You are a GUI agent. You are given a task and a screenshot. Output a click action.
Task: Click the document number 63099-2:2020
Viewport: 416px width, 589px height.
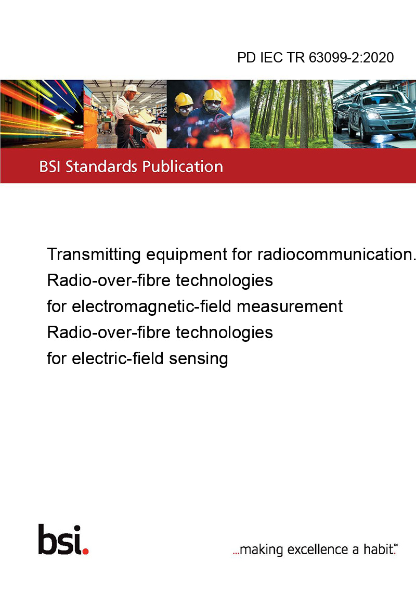(x=352, y=57)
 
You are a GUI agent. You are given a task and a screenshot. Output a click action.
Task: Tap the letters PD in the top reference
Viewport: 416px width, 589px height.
(x=246, y=57)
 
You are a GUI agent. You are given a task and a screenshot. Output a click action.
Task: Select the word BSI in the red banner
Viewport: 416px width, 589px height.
(x=50, y=167)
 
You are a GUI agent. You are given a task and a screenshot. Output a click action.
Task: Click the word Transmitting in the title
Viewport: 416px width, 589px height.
(x=94, y=254)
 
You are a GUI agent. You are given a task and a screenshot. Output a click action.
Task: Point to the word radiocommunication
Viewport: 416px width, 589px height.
(x=336, y=254)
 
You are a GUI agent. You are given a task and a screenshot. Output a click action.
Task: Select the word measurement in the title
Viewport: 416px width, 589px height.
(x=290, y=306)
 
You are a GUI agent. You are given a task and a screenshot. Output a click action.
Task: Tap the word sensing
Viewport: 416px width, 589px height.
(x=198, y=358)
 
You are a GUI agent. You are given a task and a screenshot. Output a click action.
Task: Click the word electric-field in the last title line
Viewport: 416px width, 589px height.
(x=118, y=358)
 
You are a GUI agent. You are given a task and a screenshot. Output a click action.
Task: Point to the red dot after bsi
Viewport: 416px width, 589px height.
(x=85, y=551)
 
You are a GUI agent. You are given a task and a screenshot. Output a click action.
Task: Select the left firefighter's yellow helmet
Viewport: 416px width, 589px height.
(x=184, y=99)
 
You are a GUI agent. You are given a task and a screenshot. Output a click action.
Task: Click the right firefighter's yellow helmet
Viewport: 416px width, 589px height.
(x=212, y=95)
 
